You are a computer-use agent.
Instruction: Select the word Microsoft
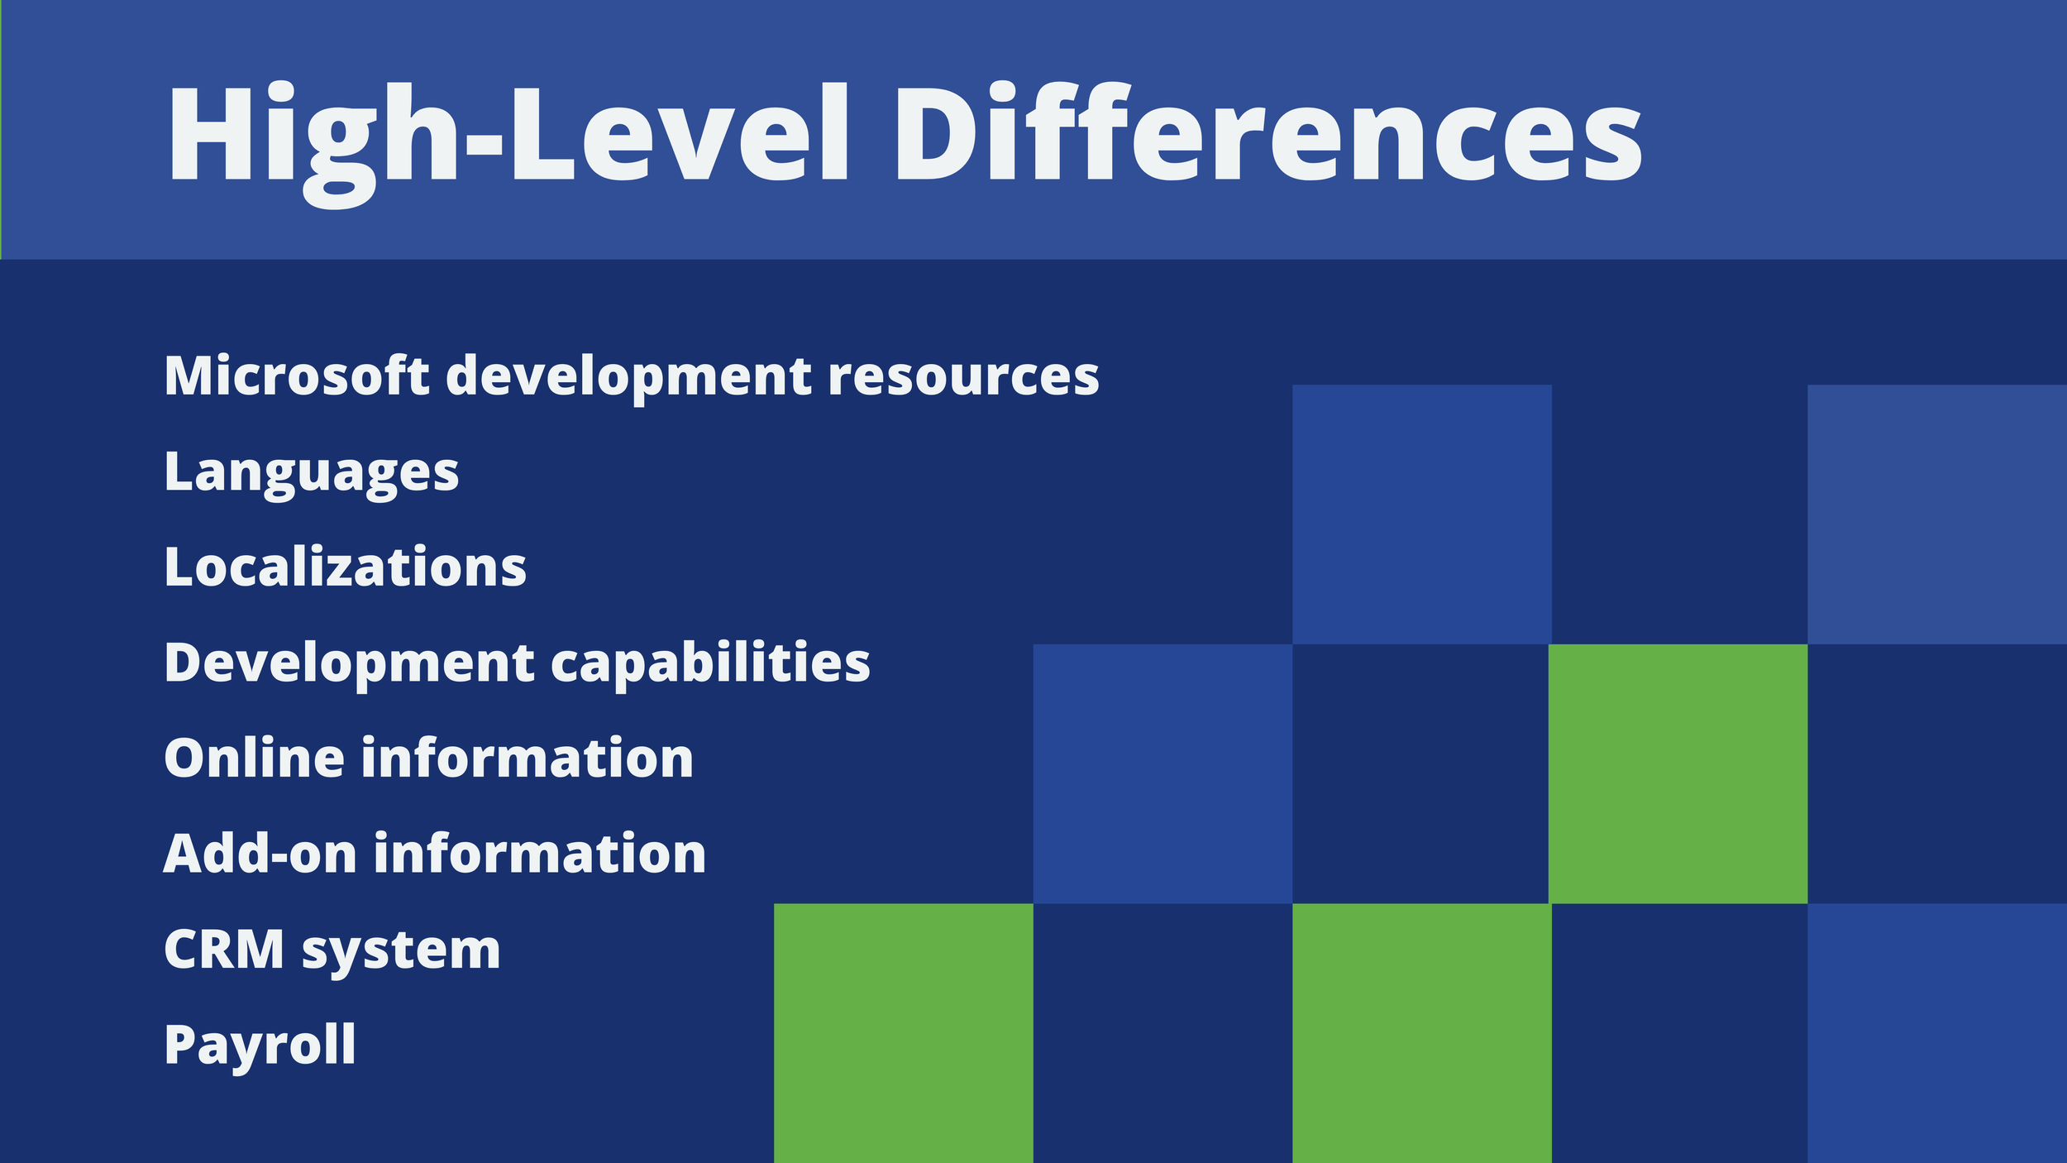296,376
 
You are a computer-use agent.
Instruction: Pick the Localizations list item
345,567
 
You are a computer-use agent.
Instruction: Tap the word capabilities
710,664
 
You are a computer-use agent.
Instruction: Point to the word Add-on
260,854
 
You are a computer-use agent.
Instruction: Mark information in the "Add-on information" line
539,854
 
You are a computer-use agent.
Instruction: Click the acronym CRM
224,950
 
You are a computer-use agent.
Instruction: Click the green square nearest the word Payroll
903,1033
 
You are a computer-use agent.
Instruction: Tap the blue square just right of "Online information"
1162,773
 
